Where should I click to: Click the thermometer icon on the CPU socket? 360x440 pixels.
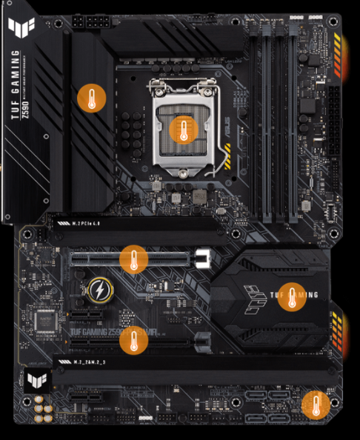click(181, 130)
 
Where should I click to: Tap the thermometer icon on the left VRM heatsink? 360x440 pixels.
click(92, 98)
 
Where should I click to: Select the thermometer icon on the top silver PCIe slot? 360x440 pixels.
click(133, 259)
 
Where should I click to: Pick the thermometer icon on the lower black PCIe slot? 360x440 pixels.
click(133, 337)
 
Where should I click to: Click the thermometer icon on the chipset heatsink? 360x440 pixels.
click(292, 296)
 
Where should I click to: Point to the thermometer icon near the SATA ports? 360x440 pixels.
click(316, 405)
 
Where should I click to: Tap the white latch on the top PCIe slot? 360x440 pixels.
click(204, 259)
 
